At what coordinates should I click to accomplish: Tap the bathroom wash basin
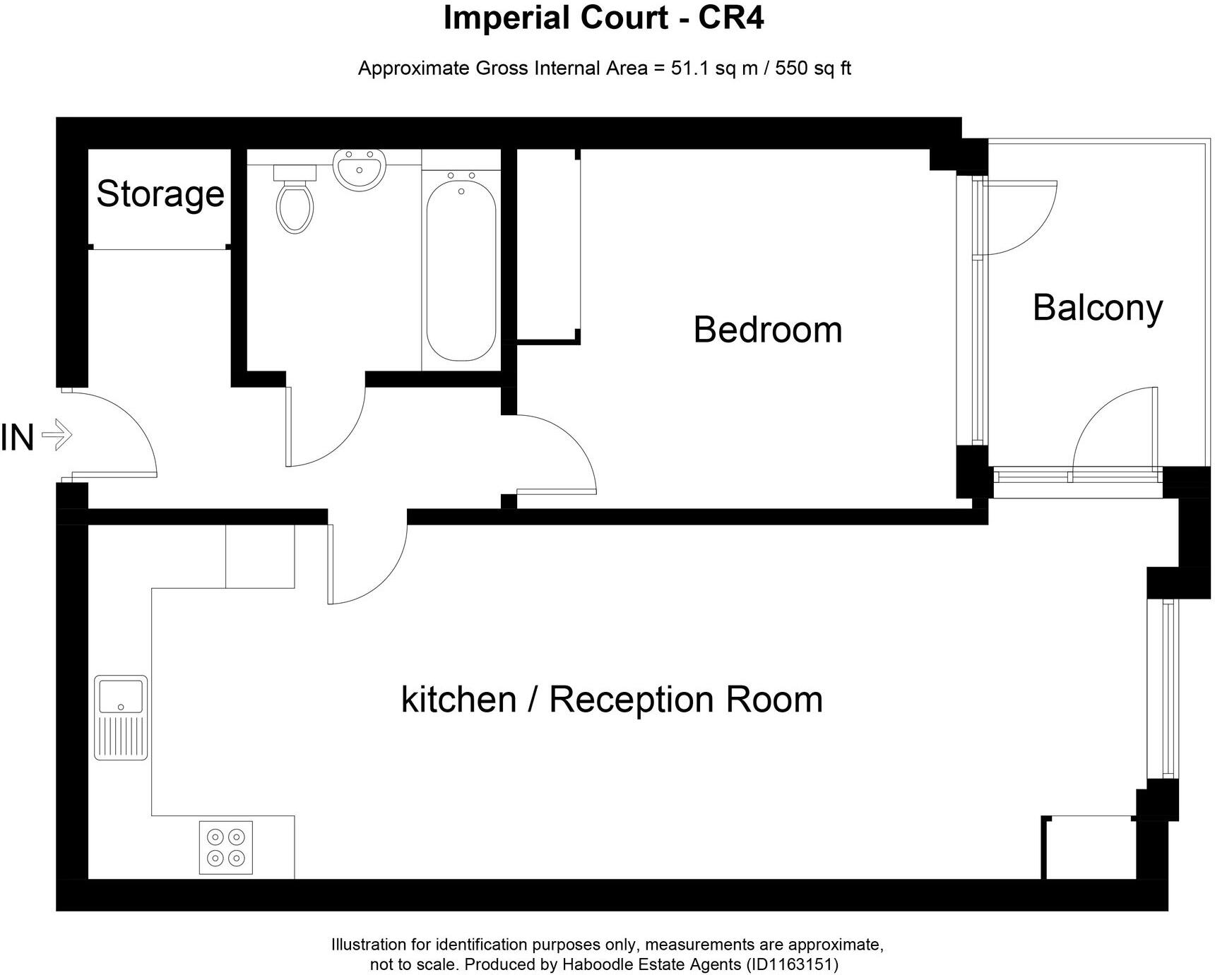pyautogui.click(x=359, y=169)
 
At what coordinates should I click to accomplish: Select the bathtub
pyautogui.click(x=461, y=265)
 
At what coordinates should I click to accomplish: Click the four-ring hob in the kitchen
pyautogui.click(x=226, y=847)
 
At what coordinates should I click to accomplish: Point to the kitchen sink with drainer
pyautogui.click(x=121, y=717)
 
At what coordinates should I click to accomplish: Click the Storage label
pyautogui.click(x=160, y=193)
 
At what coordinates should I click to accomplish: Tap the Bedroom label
pyautogui.click(x=768, y=330)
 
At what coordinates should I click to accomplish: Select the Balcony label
pyautogui.click(x=1098, y=308)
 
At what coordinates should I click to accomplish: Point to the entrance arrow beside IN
pyautogui.click(x=57, y=435)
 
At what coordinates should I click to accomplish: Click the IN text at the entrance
pyautogui.click(x=18, y=438)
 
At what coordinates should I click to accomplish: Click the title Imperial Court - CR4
pyautogui.click(x=604, y=18)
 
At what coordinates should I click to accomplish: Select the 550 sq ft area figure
pyautogui.click(x=814, y=68)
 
